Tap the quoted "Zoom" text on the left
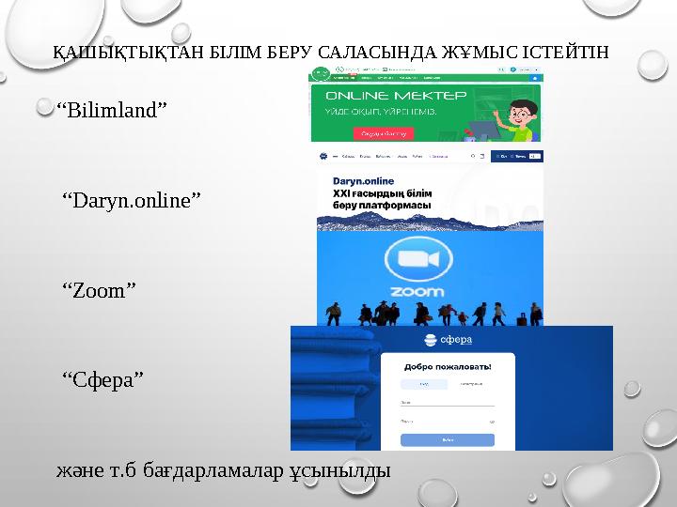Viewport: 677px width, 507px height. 99,290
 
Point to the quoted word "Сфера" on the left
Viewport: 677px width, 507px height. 103,378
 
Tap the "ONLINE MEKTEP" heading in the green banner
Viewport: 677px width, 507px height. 394,96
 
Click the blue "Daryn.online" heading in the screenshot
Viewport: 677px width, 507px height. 356,180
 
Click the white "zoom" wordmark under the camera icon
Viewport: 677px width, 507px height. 417,291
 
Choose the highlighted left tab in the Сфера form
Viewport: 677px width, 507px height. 424,384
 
